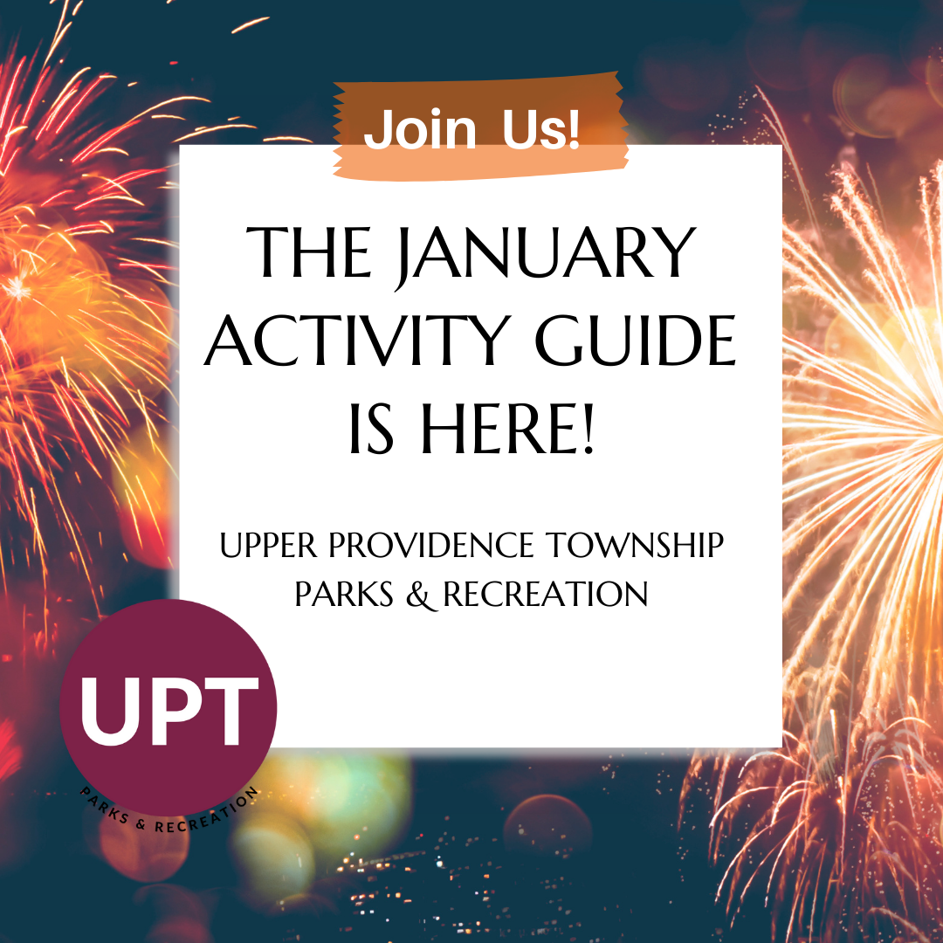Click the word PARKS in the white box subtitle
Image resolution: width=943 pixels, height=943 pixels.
(338, 595)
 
